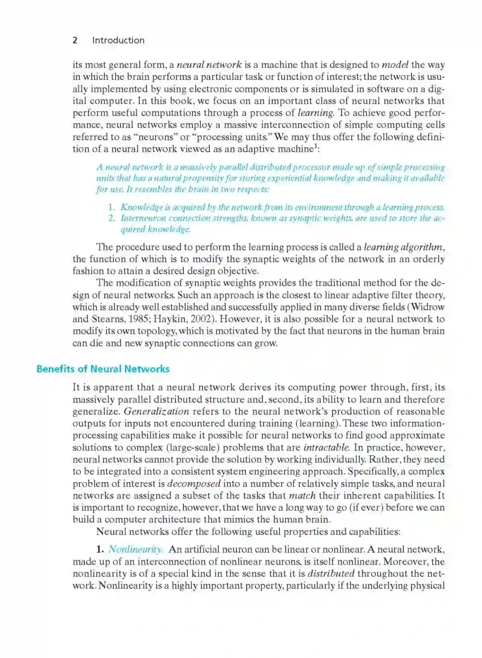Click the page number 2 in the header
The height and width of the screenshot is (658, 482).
(75, 40)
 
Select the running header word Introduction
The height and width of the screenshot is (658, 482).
(118, 40)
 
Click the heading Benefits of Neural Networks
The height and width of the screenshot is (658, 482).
(103, 369)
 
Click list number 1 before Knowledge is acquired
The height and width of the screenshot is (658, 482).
(112, 207)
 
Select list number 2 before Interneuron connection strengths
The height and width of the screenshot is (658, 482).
(112, 218)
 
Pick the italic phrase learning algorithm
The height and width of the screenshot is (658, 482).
(403, 247)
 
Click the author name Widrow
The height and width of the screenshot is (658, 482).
(428, 307)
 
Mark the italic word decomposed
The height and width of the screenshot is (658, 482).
(194, 484)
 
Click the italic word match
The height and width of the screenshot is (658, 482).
(302, 496)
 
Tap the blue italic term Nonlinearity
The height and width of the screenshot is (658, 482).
(135, 550)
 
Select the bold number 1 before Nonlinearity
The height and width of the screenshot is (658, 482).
(100, 550)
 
